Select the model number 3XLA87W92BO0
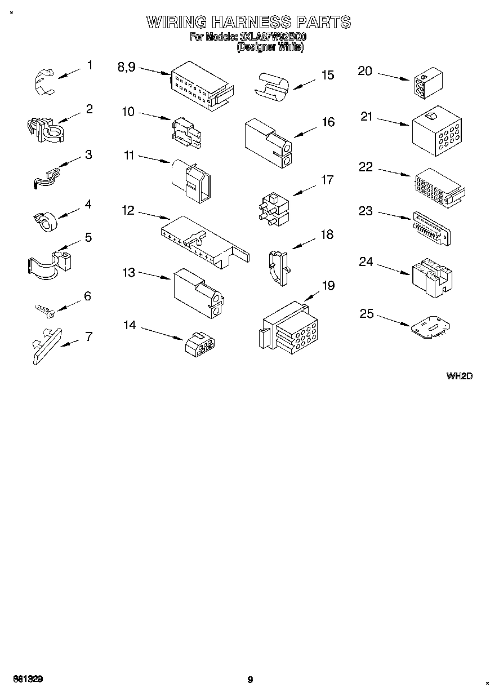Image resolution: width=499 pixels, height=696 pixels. [x=273, y=37]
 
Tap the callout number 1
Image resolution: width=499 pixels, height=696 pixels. [x=90, y=65]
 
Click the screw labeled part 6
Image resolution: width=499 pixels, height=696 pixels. [x=43, y=310]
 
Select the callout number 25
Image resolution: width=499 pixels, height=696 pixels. [x=367, y=313]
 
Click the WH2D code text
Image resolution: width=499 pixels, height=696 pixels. [x=459, y=376]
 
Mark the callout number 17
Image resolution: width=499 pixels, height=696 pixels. [x=327, y=180]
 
